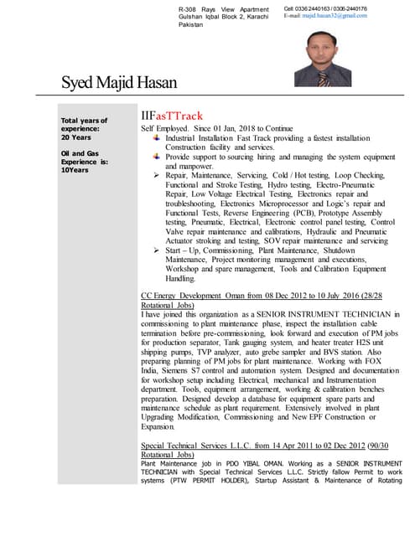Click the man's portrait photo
click(322, 54)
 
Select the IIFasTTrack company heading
click(171, 116)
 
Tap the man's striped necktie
click(323, 78)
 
